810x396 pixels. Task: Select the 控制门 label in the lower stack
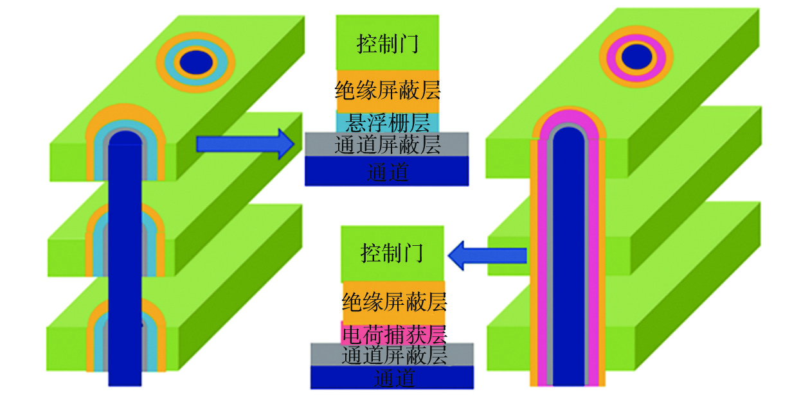pos(392,253)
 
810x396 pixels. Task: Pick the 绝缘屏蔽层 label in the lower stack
pos(394,301)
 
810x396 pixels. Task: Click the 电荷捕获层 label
pos(394,334)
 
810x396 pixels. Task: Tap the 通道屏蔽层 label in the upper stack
pos(387,146)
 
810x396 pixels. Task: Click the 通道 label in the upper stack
pos(387,172)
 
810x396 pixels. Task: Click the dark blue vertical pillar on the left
pos(125,270)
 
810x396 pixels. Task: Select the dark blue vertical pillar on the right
pos(570,270)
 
